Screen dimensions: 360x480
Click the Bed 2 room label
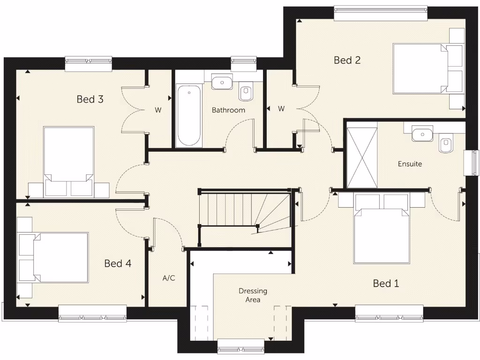coord(347,60)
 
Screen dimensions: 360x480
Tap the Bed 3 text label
coord(90,99)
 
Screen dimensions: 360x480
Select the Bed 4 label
coord(118,263)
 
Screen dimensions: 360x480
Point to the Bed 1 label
coord(386,283)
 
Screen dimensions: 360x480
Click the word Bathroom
coord(228,110)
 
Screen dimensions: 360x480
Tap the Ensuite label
coord(410,164)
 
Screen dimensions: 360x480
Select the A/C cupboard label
coord(169,278)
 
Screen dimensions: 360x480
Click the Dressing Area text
coord(253,295)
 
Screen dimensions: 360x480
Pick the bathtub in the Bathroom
coord(189,116)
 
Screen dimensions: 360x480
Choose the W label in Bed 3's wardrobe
coord(158,111)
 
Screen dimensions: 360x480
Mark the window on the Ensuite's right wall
coord(471,163)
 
